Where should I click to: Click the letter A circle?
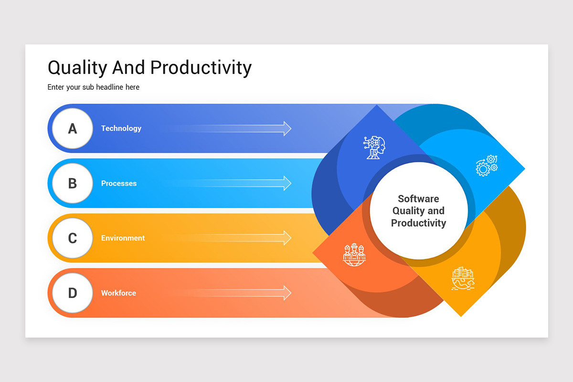click(73, 128)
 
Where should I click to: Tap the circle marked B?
click(73, 183)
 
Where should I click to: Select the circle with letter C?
click(73, 238)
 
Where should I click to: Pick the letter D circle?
click(73, 293)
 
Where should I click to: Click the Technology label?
click(121, 128)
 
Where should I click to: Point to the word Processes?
click(119, 183)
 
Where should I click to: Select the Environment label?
click(123, 238)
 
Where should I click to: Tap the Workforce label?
click(118, 293)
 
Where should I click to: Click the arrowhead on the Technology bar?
click(287, 128)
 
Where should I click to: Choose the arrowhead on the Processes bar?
click(287, 183)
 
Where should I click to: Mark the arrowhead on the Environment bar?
click(287, 238)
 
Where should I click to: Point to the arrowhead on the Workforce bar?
click(287, 293)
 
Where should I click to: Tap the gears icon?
click(486, 166)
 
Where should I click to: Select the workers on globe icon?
click(354, 254)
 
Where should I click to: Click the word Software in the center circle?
click(418, 199)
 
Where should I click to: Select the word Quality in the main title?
click(77, 68)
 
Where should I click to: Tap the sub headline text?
click(94, 87)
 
